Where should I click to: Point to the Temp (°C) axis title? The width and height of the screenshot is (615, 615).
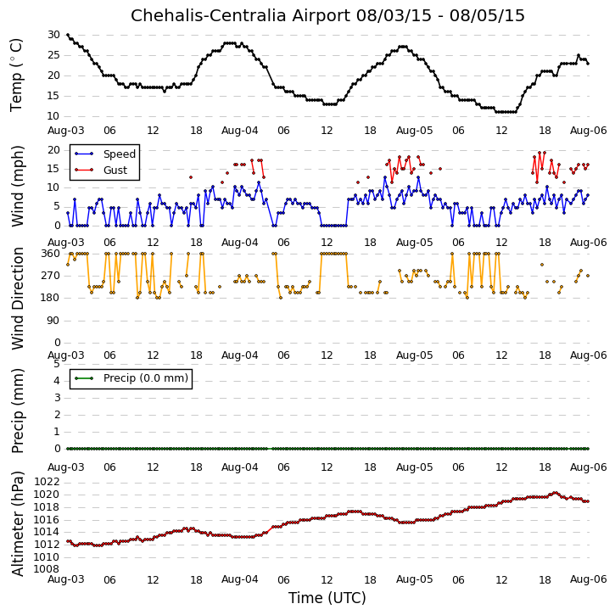(16, 75)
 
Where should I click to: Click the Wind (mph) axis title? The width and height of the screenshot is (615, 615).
(17, 187)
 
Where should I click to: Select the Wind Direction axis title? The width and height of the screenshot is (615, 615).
(17, 299)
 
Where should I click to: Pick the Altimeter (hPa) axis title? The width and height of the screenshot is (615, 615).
(17, 523)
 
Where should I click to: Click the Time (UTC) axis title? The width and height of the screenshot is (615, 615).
(327, 598)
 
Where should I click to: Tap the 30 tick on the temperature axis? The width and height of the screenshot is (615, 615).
(53, 35)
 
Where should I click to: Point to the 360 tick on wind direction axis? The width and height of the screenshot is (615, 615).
(51, 254)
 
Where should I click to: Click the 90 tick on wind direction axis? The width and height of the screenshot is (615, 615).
(53, 321)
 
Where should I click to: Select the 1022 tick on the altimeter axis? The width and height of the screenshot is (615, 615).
(47, 482)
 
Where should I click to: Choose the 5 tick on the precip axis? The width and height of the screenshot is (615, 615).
(57, 364)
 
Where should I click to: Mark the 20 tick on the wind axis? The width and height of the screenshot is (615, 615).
(53, 150)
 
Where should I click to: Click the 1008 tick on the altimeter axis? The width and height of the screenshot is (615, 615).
(47, 569)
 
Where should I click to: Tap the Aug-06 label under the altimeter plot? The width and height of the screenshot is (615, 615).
(589, 579)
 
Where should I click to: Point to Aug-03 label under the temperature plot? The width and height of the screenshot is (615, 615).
(66, 131)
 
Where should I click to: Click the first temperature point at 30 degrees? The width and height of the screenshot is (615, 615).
(68, 35)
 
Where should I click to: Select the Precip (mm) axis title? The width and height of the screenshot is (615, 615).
(17, 411)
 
